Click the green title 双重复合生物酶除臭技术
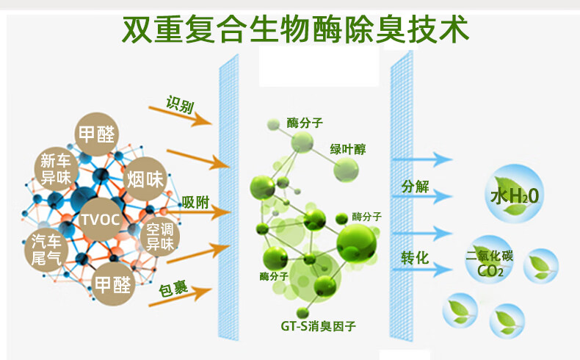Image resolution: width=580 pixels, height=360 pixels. (295, 29)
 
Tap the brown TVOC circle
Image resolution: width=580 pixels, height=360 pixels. (101, 220)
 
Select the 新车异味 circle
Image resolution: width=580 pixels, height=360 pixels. (56, 169)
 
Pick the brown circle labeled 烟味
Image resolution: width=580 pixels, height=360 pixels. (145, 179)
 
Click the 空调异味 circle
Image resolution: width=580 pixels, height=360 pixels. (160, 237)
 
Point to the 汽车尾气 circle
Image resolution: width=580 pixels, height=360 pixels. (46, 250)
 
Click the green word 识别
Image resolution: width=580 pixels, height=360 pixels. (180, 104)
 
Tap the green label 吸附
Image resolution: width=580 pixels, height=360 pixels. (196, 202)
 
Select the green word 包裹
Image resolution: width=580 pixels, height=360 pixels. (173, 289)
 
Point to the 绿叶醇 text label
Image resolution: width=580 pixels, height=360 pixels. (348, 149)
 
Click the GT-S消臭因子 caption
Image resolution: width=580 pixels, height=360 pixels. (318, 326)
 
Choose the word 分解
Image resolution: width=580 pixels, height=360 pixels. (416, 187)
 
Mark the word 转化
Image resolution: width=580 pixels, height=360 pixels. (415, 258)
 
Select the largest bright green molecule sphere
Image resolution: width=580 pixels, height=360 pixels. (357, 243)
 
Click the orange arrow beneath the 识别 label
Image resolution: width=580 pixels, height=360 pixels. (180, 116)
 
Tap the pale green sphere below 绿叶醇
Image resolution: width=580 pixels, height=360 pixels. (347, 170)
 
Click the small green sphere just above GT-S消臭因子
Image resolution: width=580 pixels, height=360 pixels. (302, 313)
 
